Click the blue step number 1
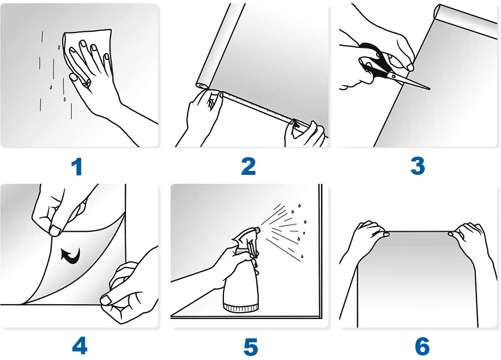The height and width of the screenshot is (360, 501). (x=78, y=167)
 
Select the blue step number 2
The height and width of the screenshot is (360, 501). (x=249, y=166)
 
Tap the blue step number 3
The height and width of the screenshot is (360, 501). (x=418, y=166)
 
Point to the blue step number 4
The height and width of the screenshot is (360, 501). (x=80, y=346)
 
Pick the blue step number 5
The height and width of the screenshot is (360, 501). (x=251, y=347)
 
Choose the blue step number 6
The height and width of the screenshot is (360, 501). (x=422, y=346)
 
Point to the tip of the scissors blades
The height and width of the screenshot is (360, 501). (x=430, y=89)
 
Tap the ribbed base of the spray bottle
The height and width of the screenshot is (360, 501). (x=241, y=308)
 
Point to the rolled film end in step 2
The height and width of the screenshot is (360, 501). (x=202, y=85)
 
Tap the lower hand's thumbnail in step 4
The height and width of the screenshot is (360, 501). (x=106, y=300)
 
